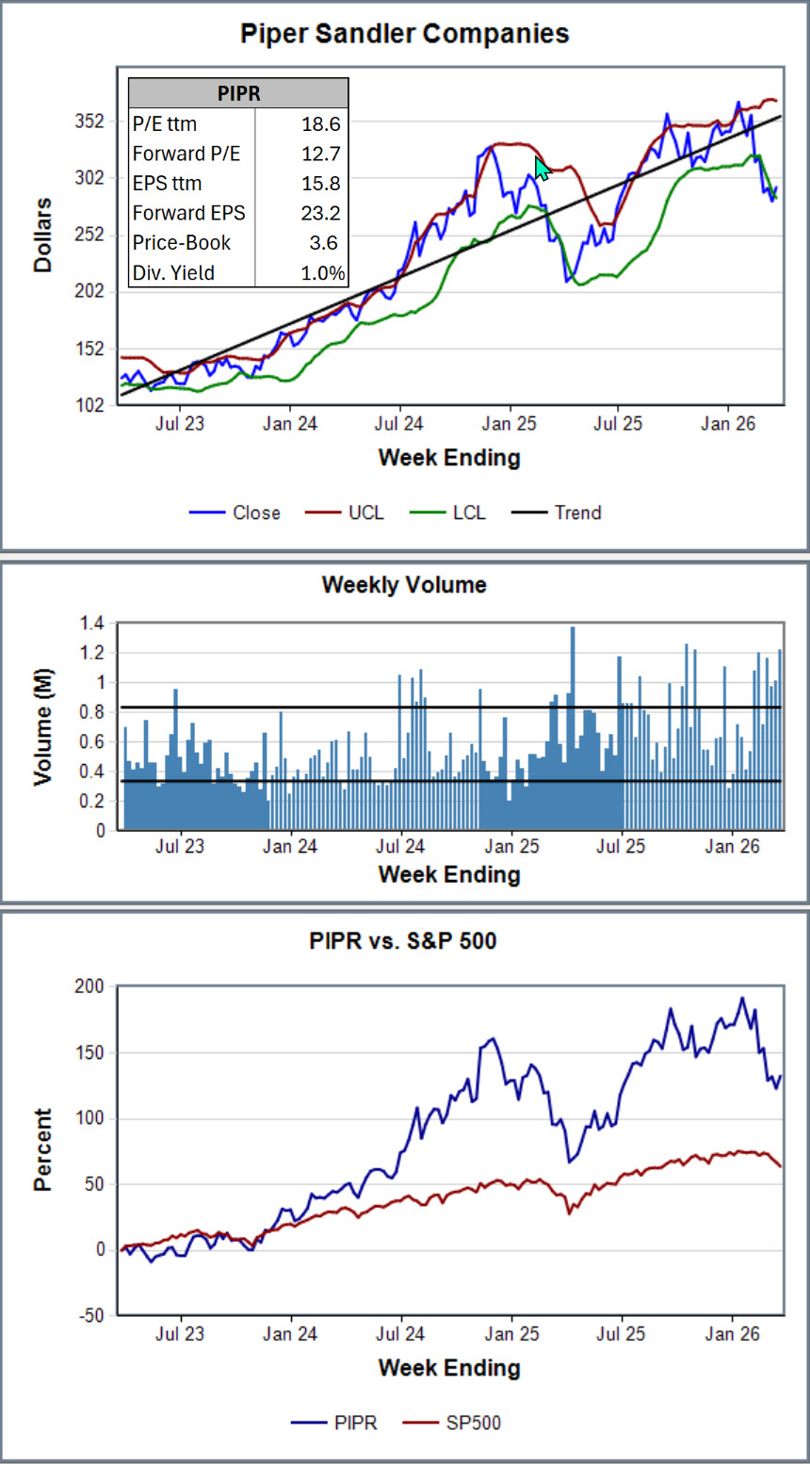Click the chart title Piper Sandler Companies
coord(404,34)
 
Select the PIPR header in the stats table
coord(238,93)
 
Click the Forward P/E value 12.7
coord(321,154)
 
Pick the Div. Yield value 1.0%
coord(323,272)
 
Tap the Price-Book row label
coord(182,242)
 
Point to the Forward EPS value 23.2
coord(321,213)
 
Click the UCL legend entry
coord(345,512)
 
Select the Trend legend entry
coord(556,512)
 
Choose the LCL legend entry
coord(447,512)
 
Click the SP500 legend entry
coord(452,1423)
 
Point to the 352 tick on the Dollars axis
coord(89,121)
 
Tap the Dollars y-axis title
coord(42,236)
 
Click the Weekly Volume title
coord(404,584)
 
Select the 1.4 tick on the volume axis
coord(92,624)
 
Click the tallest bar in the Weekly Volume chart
coord(573,728)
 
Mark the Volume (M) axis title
coord(42,726)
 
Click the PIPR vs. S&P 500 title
coord(403,940)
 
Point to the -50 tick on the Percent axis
coord(91,1315)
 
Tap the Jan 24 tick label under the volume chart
coord(290,846)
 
